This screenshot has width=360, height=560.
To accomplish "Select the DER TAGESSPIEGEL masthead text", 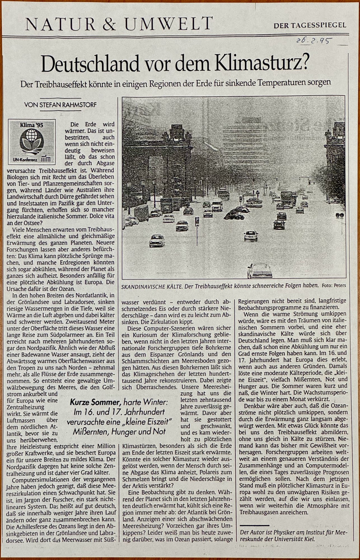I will point(310,25).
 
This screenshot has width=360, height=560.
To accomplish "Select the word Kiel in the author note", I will point(309,538).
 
